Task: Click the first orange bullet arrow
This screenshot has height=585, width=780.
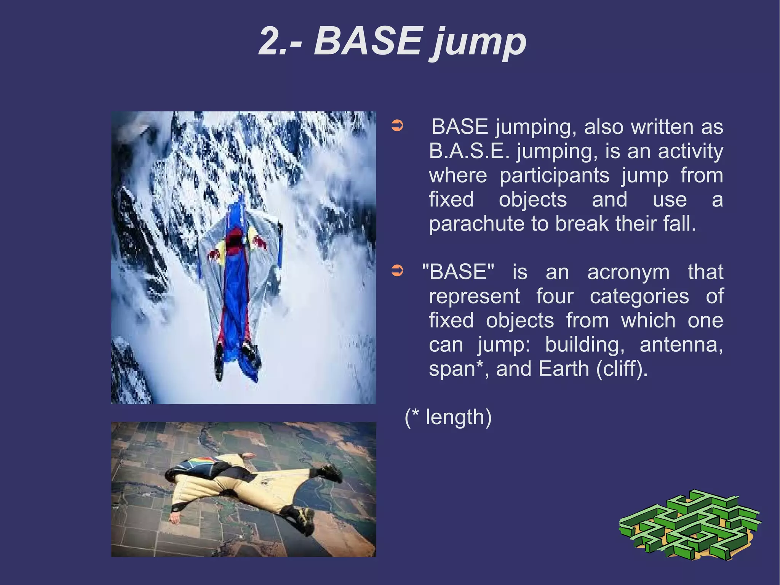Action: (x=397, y=126)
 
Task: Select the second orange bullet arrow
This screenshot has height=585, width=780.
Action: (x=397, y=271)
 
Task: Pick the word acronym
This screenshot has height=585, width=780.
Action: (x=628, y=272)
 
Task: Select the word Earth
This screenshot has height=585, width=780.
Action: (x=564, y=369)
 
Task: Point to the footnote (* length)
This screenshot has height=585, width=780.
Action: (x=448, y=417)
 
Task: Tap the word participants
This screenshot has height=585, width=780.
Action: (x=554, y=176)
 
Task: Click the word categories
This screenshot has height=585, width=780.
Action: (x=639, y=296)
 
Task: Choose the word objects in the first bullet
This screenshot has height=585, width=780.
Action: (x=533, y=200)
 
